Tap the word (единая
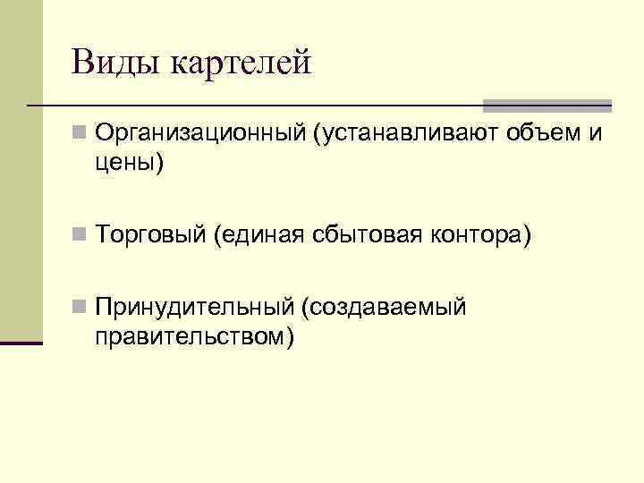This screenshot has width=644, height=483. [260, 236]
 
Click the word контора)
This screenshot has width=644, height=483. [482, 236]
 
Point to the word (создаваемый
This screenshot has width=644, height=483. [385, 308]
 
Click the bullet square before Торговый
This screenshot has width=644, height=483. [80, 235]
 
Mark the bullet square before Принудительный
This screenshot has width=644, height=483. [80, 307]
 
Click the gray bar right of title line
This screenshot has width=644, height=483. [548, 105]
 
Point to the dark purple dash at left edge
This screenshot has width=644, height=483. [21, 342]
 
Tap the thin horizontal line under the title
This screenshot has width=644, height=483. [268, 106]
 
